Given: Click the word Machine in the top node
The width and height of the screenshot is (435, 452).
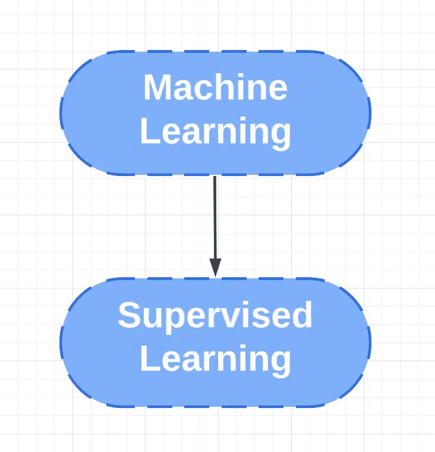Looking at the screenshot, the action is (216, 87).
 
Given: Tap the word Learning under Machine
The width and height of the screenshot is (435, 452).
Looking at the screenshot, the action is (216, 133).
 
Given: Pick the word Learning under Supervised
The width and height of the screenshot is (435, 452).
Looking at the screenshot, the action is (216, 360).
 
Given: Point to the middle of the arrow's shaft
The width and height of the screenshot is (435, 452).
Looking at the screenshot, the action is (215, 217).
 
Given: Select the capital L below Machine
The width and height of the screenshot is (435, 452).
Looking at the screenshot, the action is (150, 131).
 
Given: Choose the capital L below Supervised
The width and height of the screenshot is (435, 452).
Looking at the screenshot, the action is (150, 358).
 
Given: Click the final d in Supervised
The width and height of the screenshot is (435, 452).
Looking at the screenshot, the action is (302, 314).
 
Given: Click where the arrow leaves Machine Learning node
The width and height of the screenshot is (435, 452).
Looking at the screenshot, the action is (215, 175).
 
